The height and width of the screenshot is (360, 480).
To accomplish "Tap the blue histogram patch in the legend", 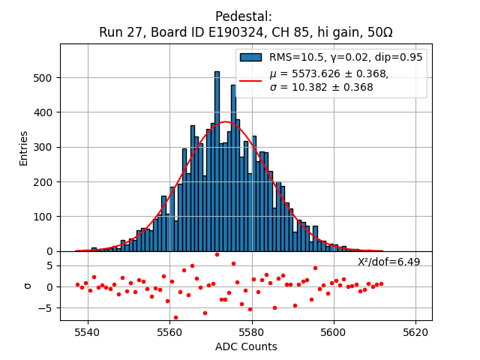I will pyautogui.click(x=251, y=57).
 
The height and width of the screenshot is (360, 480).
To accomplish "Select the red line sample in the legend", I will pyautogui.click(x=251, y=79).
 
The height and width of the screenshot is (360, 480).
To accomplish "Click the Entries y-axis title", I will pyautogui.click(x=24, y=148).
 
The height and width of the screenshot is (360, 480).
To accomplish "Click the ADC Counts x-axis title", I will pyautogui.click(x=246, y=346).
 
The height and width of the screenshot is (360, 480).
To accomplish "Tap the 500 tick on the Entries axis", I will pyautogui.click(x=44, y=78).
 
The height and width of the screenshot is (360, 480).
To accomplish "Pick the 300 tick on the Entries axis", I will pyautogui.click(x=44, y=148).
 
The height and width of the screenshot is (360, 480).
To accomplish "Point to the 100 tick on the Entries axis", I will pyautogui.click(x=44, y=217).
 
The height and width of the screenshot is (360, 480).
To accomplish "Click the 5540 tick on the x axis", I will pyautogui.click(x=88, y=331).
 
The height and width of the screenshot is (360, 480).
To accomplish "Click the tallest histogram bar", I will pyautogui.click(x=217, y=161).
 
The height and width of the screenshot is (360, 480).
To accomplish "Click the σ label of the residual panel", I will pyautogui.click(x=28, y=286).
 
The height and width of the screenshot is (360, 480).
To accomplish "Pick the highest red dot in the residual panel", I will pyautogui.click(x=217, y=254).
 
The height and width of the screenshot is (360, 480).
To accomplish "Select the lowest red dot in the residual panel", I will pyautogui.click(x=175, y=317).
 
